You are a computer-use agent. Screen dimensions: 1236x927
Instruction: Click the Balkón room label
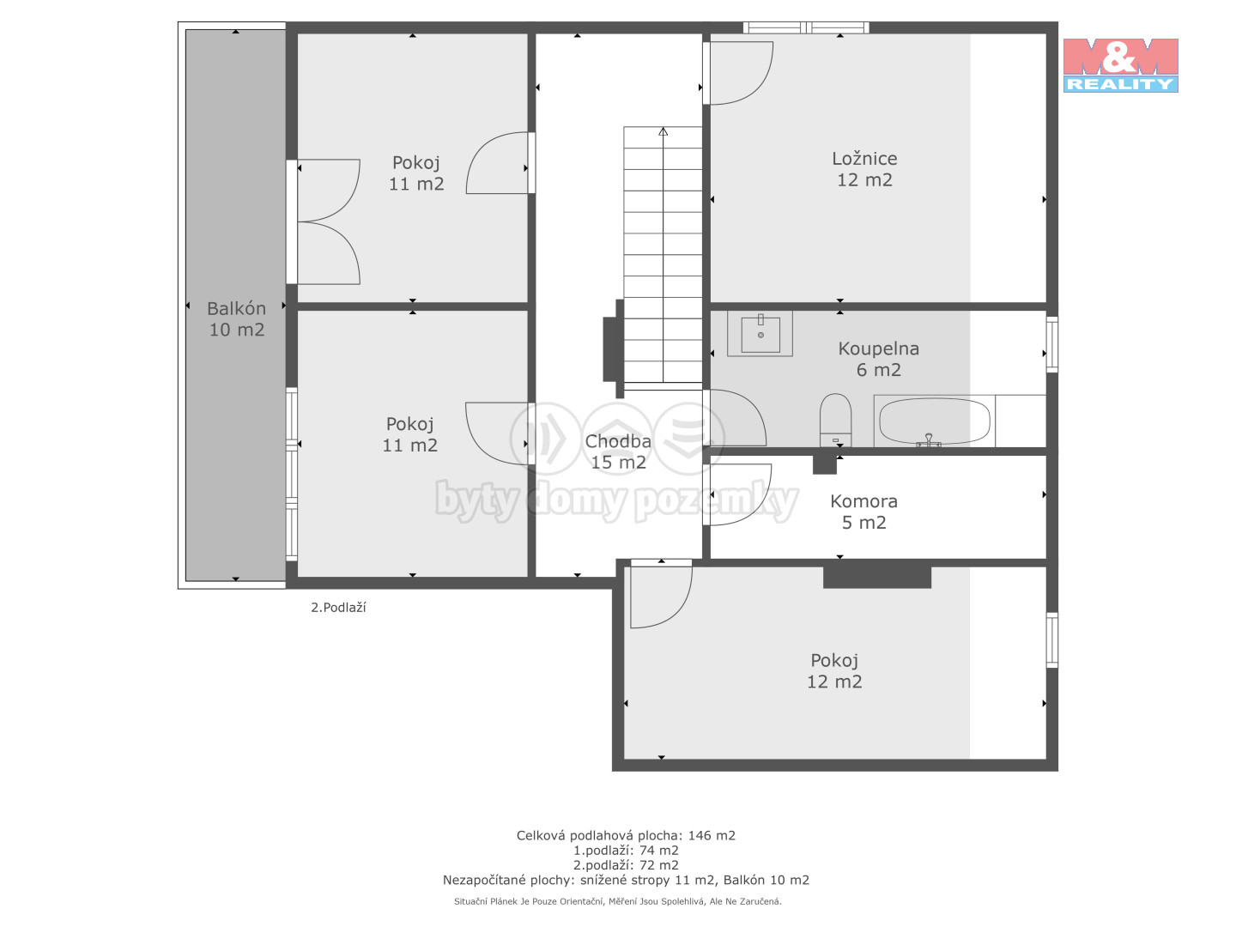(237, 318)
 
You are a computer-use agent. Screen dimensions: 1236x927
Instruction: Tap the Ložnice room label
(864, 169)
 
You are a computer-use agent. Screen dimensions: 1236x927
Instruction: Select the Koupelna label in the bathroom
(878, 359)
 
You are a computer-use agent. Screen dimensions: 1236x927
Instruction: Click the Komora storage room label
(863, 512)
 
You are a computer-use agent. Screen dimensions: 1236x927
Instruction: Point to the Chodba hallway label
(618, 451)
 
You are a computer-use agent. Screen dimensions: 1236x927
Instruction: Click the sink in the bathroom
(760, 334)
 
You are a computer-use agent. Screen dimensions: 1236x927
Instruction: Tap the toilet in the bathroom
(835, 420)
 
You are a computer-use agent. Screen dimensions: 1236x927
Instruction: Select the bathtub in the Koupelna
(934, 421)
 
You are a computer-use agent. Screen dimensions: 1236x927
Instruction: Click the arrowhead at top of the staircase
(663, 131)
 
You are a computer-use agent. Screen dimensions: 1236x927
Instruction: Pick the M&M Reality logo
(1120, 65)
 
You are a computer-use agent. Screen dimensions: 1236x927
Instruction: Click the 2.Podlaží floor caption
(338, 608)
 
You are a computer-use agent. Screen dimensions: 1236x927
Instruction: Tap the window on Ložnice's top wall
(806, 27)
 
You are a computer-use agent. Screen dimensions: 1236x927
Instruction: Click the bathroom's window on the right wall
(1051, 344)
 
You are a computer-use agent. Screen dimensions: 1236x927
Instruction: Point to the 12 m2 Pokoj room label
(834, 671)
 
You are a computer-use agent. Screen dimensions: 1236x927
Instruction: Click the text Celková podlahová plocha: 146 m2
(626, 835)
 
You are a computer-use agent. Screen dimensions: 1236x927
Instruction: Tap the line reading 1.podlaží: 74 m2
(626, 851)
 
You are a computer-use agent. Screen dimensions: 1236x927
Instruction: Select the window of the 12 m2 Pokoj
(1051, 640)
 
